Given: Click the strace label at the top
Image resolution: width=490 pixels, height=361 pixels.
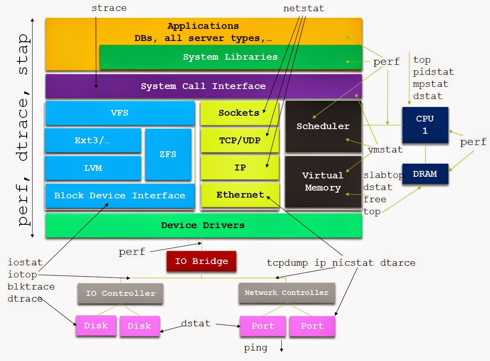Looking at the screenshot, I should (109, 8).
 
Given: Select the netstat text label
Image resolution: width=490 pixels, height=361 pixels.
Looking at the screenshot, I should (303, 8).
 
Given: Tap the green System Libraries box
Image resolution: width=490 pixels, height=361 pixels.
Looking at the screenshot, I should (230, 57).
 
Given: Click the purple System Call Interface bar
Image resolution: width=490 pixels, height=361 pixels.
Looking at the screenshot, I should (203, 86).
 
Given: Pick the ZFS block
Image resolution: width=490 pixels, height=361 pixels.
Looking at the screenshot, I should (168, 154).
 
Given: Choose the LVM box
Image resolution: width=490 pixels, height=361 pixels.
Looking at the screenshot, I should (93, 168).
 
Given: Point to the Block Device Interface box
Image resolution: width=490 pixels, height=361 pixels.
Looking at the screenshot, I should (120, 196).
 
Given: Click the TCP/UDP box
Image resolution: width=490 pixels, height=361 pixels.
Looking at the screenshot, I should (240, 140).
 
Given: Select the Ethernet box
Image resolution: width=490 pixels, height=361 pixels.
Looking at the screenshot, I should (240, 195).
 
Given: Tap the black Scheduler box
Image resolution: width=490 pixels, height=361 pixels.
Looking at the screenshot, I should (323, 126).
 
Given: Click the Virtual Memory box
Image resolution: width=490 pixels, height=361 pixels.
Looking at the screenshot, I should (323, 182).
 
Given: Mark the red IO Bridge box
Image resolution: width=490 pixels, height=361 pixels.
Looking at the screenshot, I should (201, 262).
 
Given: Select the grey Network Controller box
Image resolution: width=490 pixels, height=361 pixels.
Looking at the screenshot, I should (286, 293).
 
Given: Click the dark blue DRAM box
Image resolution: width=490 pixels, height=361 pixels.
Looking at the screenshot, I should (425, 174).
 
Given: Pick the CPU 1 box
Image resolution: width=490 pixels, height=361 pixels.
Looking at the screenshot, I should (425, 125).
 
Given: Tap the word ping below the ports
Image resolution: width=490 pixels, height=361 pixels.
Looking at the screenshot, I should (255, 348).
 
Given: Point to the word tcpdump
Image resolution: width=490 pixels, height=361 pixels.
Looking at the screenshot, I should (287, 263).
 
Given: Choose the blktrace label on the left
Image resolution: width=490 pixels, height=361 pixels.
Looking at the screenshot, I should (31, 287).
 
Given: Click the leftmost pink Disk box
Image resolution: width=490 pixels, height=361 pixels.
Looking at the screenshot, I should (96, 326).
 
